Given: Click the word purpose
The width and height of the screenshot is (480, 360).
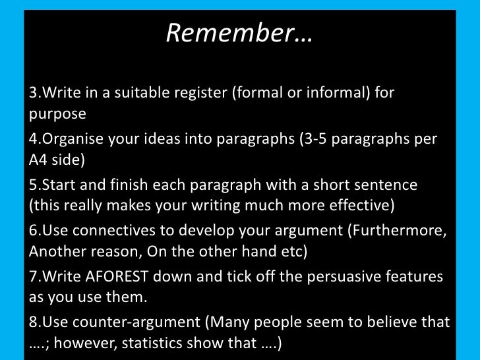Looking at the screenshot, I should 58,113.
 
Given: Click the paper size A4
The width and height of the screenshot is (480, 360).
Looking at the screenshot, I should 42,160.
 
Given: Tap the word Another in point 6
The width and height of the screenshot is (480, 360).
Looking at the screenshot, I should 59,252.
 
